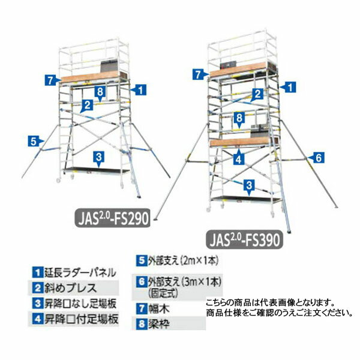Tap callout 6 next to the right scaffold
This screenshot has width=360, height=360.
pyautogui.click(x=319, y=158)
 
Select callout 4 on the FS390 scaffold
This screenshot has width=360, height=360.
pyautogui.click(x=238, y=160)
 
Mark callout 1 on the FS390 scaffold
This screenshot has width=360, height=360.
pyautogui.click(x=289, y=88)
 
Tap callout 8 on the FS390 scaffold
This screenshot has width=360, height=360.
pyautogui.click(x=239, y=118)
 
